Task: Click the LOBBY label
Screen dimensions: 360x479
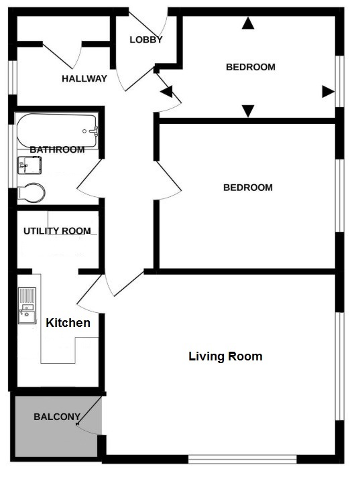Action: click(x=145, y=40)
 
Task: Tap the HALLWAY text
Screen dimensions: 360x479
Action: click(x=84, y=78)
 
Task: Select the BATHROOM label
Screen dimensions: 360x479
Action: click(x=57, y=149)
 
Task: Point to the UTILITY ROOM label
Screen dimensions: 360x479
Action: click(x=57, y=231)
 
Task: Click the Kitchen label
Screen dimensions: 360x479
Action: click(x=68, y=323)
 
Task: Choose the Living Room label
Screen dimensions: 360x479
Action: click(x=225, y=356)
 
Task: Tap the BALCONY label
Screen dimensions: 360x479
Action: click(x=57, y=417)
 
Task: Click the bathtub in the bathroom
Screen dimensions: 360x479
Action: click(x=57, y=131)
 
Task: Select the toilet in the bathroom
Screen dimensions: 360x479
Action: click(x=31, y=193)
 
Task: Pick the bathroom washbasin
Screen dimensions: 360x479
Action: click(x=29, y=165)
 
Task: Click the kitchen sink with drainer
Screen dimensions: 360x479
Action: click(x=27, y=305)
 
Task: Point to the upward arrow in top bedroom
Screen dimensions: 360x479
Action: click(x=248, y=23)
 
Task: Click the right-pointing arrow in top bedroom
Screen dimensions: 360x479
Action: click(x=328, y=92)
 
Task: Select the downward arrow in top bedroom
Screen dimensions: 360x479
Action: click(x=248, y=111)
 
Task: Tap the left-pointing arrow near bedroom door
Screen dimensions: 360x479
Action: click(x=166, y=92)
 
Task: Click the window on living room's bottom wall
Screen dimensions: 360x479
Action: click(x=242, y=459)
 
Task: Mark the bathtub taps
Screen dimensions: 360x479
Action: click(x=94, y=131)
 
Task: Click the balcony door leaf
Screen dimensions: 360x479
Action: click(x=89, y=410)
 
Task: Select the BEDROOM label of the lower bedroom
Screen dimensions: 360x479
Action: click(x=248, y=188)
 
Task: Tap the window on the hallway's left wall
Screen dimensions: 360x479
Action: click(x=13, y=78)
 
